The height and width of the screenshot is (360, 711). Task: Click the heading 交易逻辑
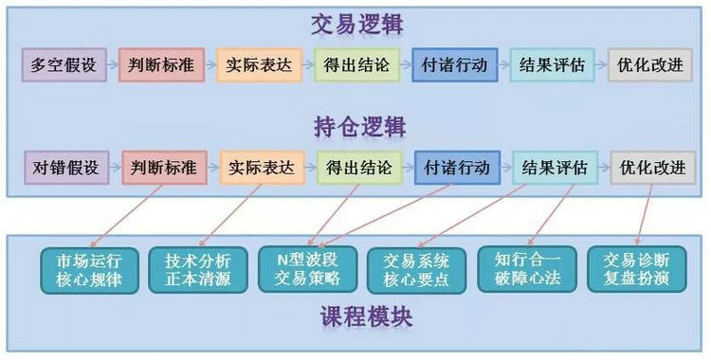pos(357,26)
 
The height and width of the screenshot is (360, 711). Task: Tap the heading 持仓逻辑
pos(360,127)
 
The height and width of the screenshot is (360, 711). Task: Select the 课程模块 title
pos(367,317)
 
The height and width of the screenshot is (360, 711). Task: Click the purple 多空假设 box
pos(64,64)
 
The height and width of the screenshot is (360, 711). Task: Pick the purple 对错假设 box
pos(66,168)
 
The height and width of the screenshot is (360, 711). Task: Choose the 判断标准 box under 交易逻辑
pos(162,64)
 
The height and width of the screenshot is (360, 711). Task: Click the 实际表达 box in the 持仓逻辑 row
pos(262,168)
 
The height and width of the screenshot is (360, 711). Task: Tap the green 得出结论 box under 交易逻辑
pos(357,64)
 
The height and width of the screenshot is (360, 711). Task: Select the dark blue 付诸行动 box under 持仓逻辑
pos(458,168)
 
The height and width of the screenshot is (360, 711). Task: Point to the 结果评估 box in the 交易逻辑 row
pos(553,64)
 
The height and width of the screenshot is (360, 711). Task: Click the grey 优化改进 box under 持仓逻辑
pos(653,168)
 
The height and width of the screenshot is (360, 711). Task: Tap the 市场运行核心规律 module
pos(89,270)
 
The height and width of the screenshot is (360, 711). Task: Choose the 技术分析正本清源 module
pos(198,270)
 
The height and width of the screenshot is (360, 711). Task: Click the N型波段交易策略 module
pos(307,269)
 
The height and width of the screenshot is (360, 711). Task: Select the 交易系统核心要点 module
pos(416,270)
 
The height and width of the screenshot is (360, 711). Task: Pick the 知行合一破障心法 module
pos(527,269)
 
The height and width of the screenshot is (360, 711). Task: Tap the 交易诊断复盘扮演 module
pos(637,269)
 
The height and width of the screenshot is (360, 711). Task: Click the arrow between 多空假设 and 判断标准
pos(113,64)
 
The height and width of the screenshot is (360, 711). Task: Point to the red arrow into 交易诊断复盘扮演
pos(645,214)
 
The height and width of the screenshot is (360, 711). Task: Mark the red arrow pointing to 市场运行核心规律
pos(126,216)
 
